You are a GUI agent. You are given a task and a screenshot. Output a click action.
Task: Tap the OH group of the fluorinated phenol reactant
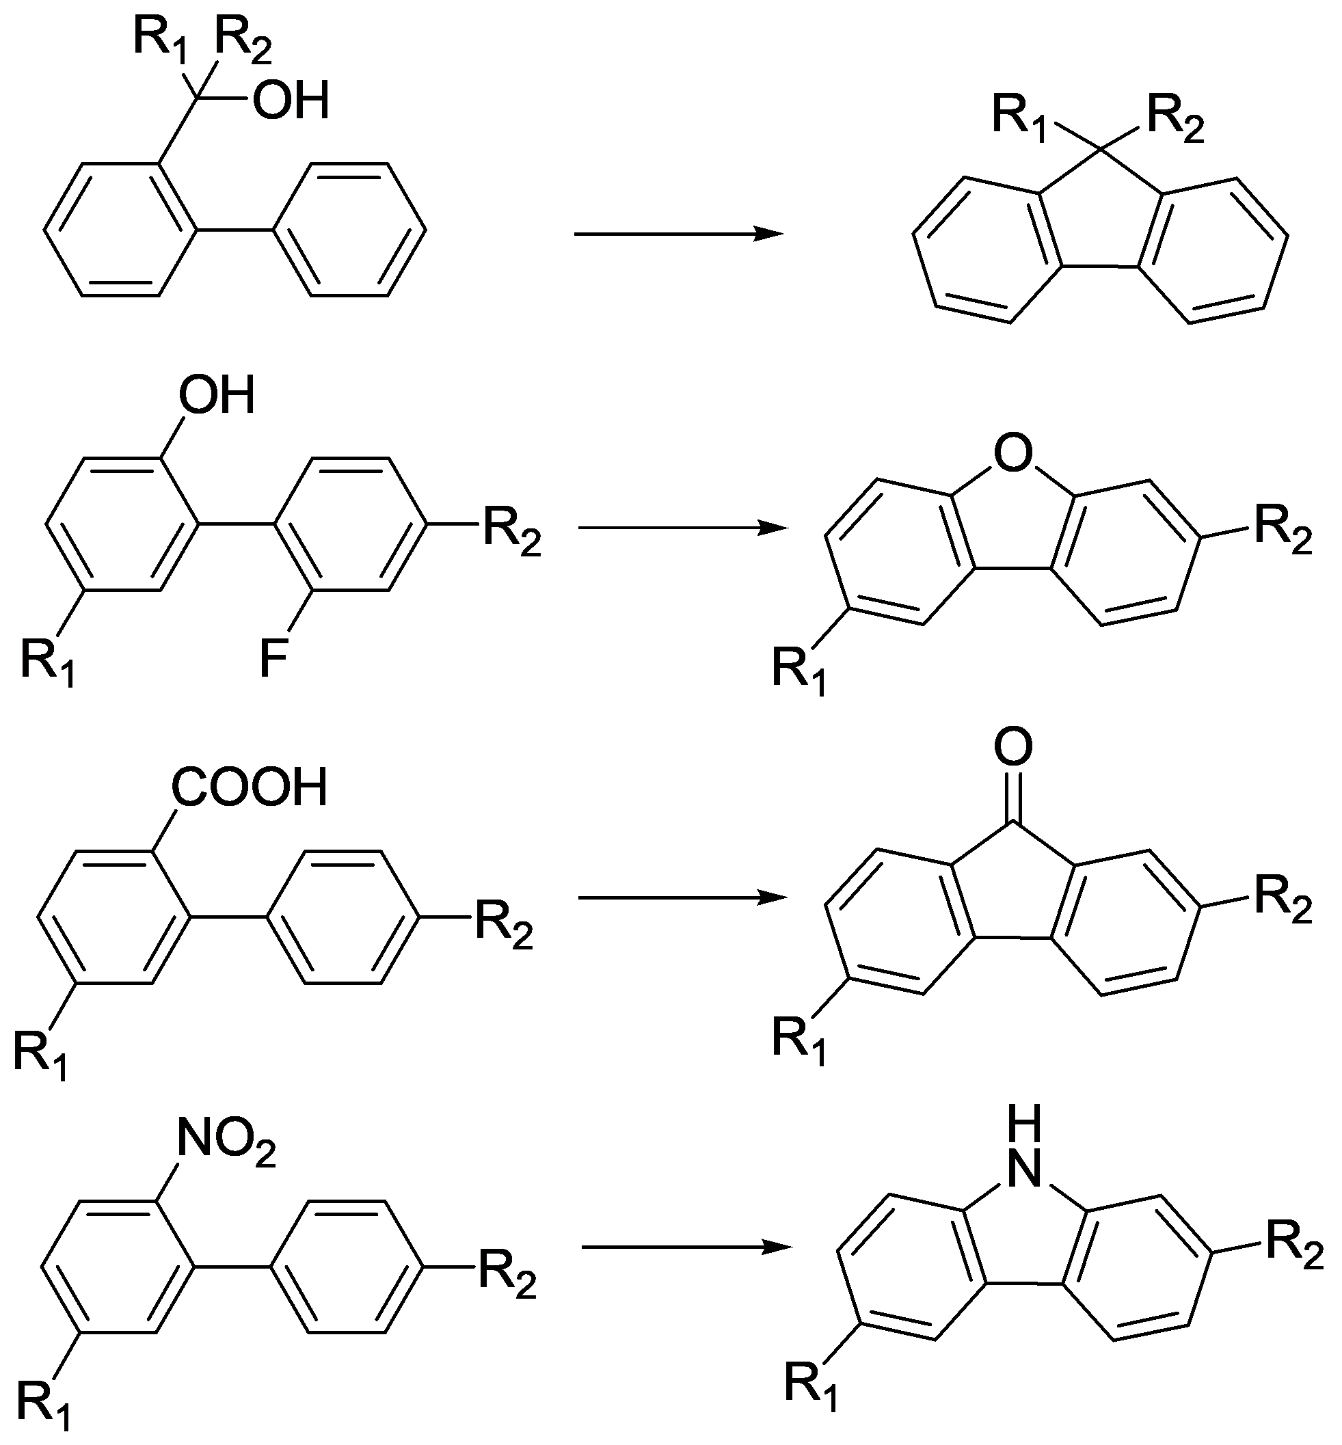click(217, 396)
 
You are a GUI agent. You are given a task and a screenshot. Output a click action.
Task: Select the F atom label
click(273, 662)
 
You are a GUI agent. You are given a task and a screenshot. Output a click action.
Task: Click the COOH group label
click(249, 788)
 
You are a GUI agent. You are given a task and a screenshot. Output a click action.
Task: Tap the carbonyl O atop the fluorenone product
click(1013, 747)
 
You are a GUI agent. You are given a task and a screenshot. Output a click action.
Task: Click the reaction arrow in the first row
click(678, 234)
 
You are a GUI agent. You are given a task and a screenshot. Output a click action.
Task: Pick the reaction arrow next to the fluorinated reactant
click(682, 528)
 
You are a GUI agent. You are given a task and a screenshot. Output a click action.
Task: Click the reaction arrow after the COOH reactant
click(682, 898)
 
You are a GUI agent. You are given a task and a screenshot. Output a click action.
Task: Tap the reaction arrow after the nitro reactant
click(686, 1247)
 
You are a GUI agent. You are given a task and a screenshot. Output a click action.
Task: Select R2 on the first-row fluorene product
click(1176, 118)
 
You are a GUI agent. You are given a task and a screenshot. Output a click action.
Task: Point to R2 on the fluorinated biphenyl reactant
click(513, 532)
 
